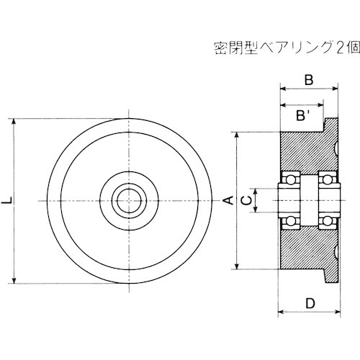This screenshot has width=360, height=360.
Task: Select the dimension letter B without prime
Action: click(x=308, y=81)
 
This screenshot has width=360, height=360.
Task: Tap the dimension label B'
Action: click(x=304, y=116)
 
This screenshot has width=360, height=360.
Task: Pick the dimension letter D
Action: click(x=310, y=304)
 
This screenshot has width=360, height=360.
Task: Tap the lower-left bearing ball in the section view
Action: click(x=291, y=219)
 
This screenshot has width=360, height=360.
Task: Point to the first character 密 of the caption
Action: click(x=222, y=50)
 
